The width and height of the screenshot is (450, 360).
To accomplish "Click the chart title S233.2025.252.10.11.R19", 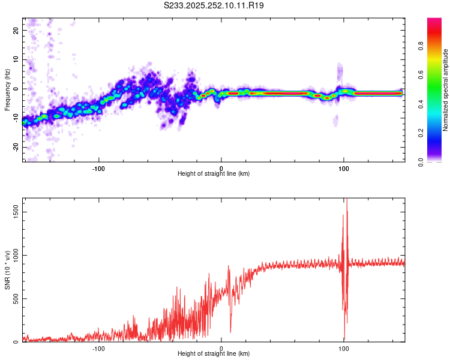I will pyautogui.click(x=214, y=5).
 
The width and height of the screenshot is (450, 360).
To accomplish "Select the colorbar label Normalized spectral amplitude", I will pyautogui.click(x=446, y=90).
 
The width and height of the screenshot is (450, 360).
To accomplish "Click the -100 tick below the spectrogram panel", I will pyautogui.click(x=99, y=167).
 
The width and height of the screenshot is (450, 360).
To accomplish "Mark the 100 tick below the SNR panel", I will pyautogui.click(x=344, y=348).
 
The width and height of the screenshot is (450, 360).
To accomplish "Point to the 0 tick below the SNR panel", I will pyautogui.click(x=221, y=348).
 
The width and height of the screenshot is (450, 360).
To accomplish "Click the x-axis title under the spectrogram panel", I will pyautogui.click(x=214, y=174).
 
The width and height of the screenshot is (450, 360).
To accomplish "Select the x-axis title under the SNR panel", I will pyautogui.click(x=214, y=355).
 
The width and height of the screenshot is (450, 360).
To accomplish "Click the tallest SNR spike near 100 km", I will pyautogui.click(x=347, y=200).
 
